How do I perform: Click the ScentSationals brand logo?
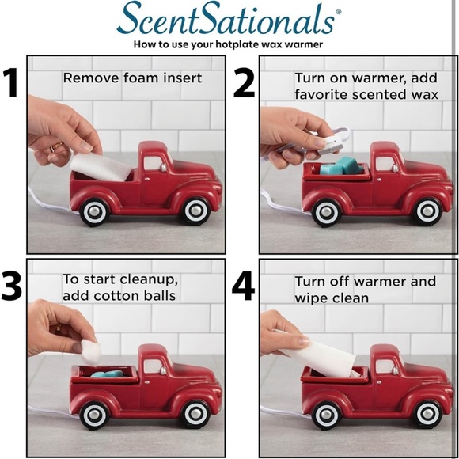click(229, 19)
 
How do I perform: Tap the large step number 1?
click(13, 83)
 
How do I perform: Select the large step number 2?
click(243, 83)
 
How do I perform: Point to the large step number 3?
click(13, 286)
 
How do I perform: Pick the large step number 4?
click(244, 286)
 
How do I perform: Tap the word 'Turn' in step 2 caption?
click(310, 78)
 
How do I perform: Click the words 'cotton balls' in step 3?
click(138, 296)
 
